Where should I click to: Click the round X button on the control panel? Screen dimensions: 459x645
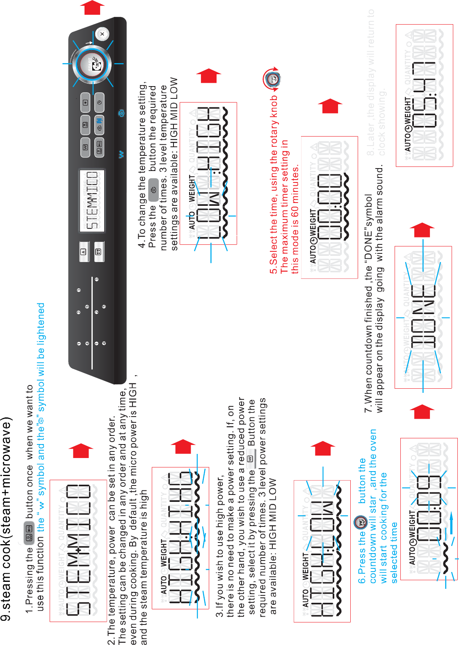point(102,34)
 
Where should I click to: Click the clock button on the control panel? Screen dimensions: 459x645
point(99,103)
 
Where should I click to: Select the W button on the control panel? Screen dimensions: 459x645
point(85,147)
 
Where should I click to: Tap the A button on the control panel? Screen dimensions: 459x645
point(84,252)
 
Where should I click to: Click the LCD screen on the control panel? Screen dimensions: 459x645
point(92,201)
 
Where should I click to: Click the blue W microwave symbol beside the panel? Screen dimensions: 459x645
point(121,155)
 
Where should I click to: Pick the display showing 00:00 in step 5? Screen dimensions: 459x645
point(329,207)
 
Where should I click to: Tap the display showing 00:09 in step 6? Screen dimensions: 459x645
point(429,508)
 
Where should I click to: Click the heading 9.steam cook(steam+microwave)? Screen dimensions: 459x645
point(7,513)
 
